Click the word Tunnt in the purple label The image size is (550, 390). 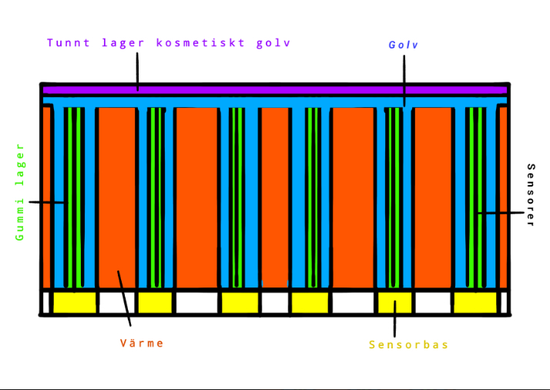69,43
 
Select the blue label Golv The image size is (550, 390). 403,45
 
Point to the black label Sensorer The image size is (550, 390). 530,195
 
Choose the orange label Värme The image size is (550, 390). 142,343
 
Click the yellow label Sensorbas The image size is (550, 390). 408,345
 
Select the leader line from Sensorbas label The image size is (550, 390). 394,319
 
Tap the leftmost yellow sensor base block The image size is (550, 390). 74,303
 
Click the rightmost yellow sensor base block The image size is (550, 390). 475,303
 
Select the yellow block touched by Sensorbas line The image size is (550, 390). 394,303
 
